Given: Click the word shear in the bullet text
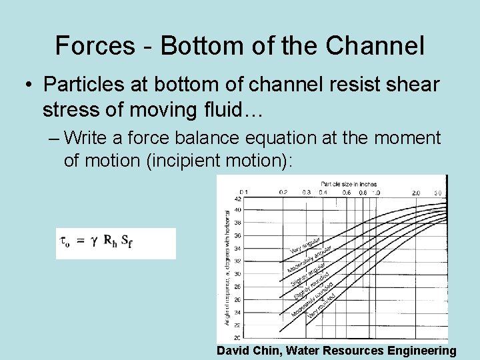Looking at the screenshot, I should point(409,85).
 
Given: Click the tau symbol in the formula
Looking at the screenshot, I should point(65,243).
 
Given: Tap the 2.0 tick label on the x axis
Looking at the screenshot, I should point(416,192).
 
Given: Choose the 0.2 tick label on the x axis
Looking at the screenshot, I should point(283,192).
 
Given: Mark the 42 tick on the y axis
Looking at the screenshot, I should point(238,199).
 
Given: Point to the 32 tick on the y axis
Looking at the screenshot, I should point(238,261).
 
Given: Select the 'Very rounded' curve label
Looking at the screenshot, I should point(321,305).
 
